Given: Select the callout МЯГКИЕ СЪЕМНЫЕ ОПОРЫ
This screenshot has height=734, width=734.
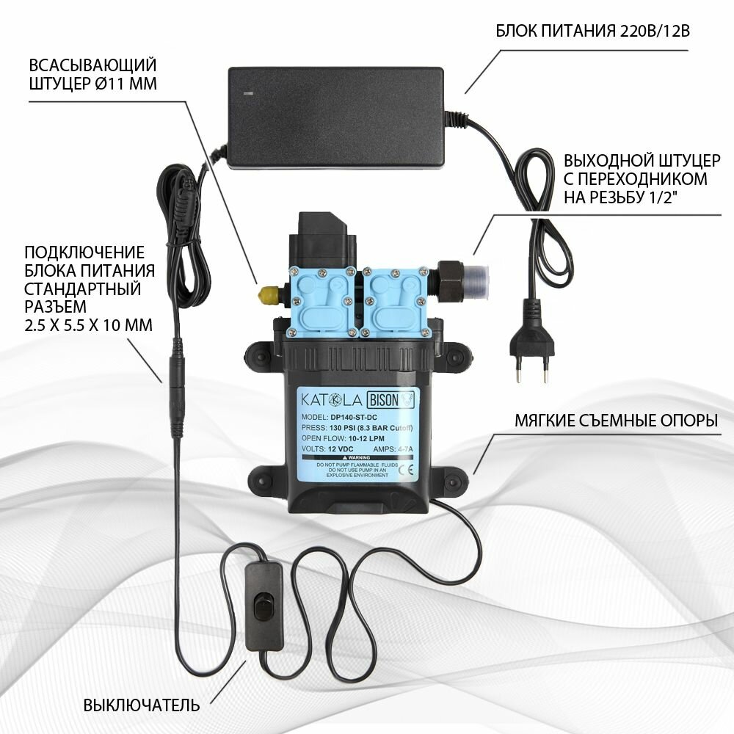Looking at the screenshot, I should (615, 421).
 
